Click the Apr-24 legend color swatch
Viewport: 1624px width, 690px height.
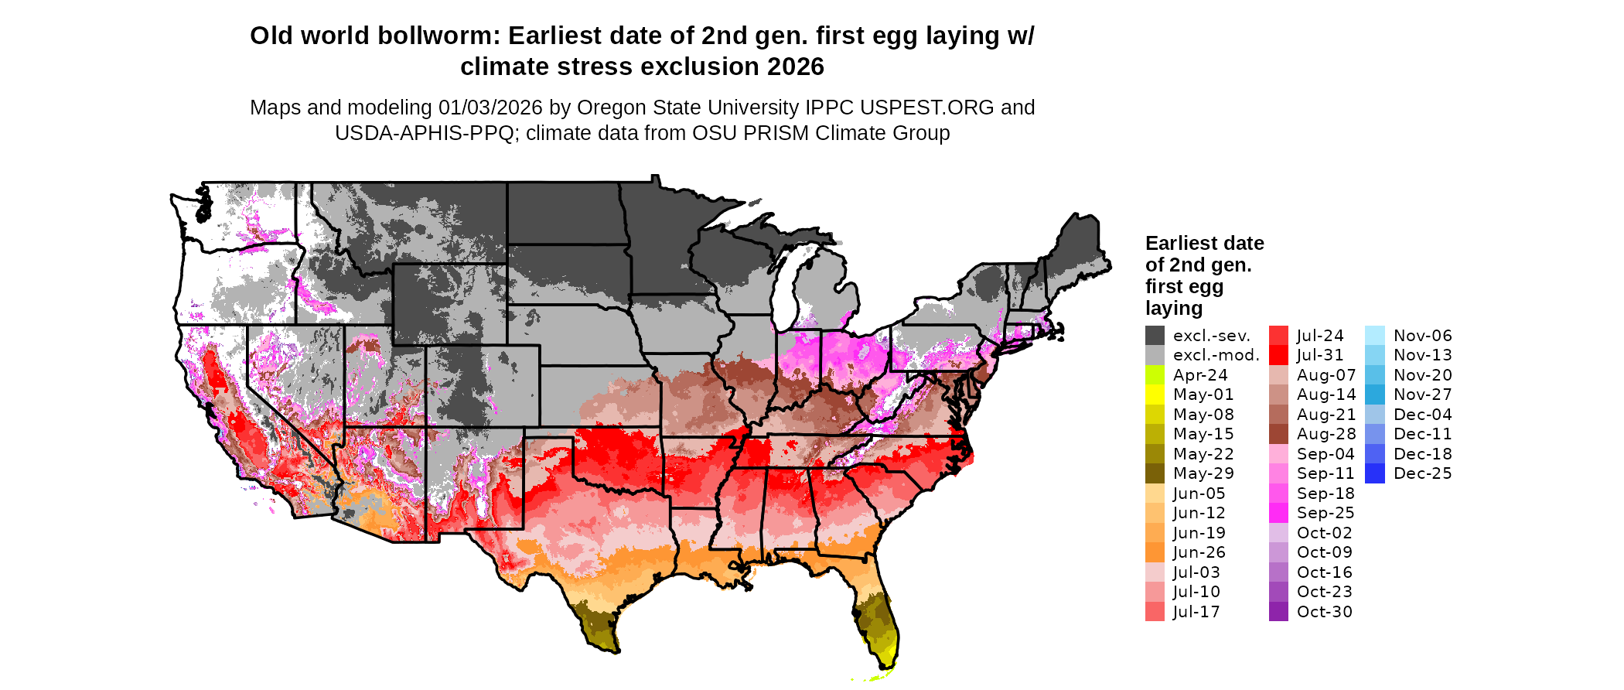(x=1155, y=375)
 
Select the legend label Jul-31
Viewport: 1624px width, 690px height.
(x=1320, y=355)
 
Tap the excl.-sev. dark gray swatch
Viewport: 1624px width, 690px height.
(x=1155, y=336)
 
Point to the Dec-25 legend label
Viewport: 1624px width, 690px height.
(x=1422, y=473)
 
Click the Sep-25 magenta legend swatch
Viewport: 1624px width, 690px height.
(x=1278, y=513)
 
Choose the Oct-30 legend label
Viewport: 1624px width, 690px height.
(x=1324, y=612)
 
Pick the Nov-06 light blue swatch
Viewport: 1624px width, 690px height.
(x=1375, y=336)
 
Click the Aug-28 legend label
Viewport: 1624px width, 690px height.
(x=1326, y=434)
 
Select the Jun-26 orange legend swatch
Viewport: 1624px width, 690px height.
(x=1155, y=552)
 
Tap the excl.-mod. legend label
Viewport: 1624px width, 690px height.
(x=1216, y=355)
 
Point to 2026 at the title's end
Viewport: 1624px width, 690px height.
(x=795, y=67)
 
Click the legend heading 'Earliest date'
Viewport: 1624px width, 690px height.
(x=1204, y=244)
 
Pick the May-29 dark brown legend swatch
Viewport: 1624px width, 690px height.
(x=1155, y=473)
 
